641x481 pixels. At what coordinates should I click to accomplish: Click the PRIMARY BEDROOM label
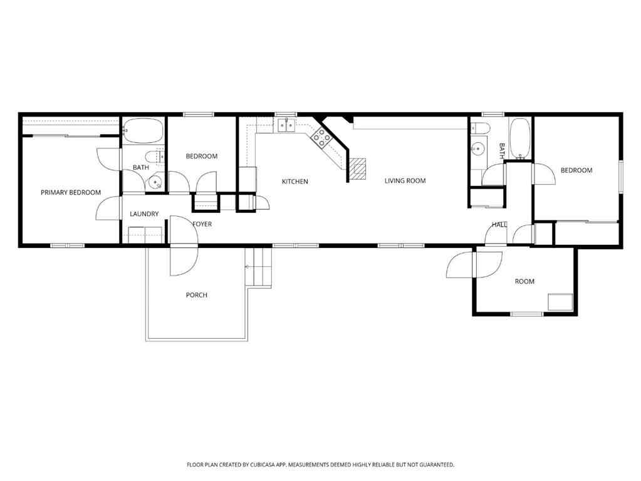71,192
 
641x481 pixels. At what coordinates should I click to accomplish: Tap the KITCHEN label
294,182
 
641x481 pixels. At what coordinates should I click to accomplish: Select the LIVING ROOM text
405,181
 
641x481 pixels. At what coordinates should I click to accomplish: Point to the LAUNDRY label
144,214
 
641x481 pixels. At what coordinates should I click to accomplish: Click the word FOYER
202,224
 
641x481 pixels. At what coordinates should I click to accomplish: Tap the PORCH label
196,295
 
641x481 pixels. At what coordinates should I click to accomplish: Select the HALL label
499,224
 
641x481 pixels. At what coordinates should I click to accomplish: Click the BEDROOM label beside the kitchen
202,156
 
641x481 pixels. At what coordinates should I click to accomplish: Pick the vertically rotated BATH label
502,150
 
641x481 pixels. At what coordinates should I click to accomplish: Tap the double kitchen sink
287,126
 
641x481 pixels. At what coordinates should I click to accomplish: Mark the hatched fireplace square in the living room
357,168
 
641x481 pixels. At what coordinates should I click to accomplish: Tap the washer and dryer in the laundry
145,235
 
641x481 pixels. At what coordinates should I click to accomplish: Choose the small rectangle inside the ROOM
560,302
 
